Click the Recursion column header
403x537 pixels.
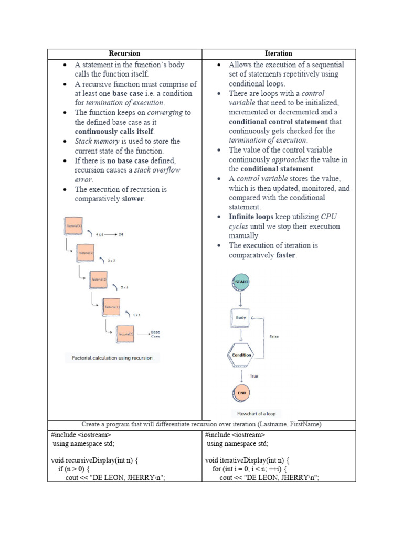[124, 53]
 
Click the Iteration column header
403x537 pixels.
[279, 53]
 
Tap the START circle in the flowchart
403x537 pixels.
[241, 282]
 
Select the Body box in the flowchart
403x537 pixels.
[240, 318]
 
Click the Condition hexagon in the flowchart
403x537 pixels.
[241, 355]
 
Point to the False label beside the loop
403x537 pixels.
[274, 337]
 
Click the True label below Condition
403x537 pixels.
[254, 376]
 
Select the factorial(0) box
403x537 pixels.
[124, 334]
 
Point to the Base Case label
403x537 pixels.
[155, 334]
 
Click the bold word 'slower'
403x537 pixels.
[133, 199]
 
